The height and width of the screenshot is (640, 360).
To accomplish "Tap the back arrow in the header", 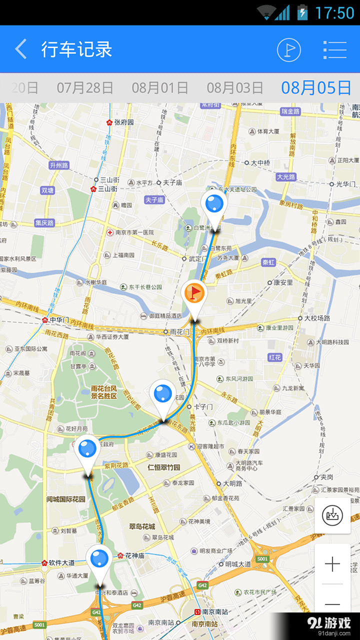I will [21, 49].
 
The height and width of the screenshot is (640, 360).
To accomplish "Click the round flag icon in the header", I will [289, 49].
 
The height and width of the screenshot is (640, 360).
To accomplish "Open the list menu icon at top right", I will [334, 49].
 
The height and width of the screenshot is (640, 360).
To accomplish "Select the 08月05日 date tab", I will [316, 88].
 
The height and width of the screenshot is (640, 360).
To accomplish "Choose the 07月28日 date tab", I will [85, 88].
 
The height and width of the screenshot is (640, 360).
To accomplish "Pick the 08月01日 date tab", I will [160, 88].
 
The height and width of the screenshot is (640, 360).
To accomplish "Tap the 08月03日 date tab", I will [235, 88].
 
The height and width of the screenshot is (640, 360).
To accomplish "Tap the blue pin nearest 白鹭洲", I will [214, 205].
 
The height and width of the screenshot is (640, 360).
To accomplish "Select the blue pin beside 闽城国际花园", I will [87, 449].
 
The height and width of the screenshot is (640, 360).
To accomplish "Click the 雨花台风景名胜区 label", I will [104, 392].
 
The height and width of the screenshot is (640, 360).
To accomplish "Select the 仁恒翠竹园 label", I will [163, 468].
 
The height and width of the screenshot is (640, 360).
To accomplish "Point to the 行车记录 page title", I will [76, 49].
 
